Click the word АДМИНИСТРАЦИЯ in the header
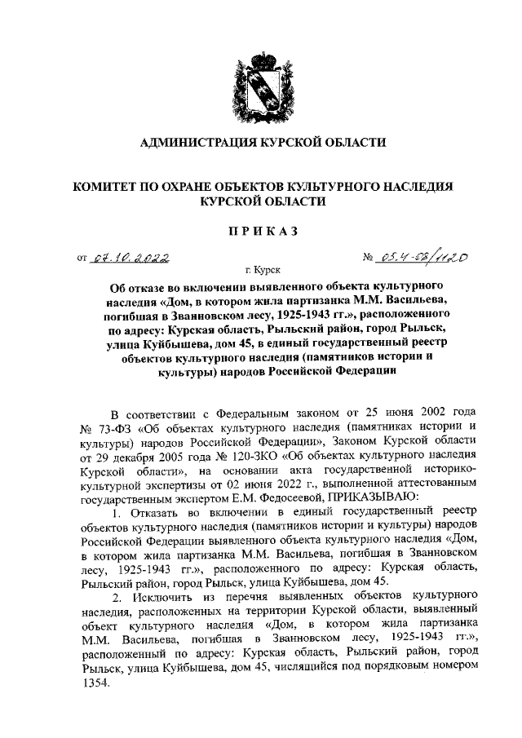199,143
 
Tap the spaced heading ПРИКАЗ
261,232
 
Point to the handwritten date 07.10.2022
130,259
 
